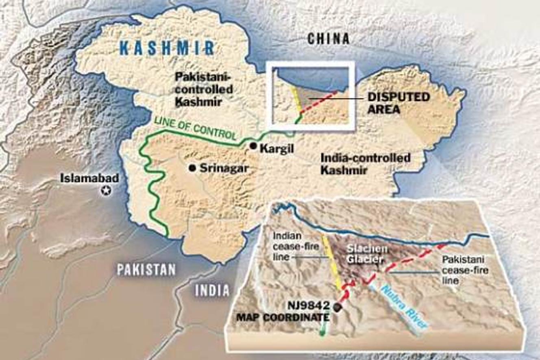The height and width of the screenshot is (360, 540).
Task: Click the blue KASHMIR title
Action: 168,48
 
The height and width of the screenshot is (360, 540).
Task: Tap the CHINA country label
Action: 328,39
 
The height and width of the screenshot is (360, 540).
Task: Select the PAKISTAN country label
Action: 146,270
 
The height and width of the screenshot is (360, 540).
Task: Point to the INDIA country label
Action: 212,290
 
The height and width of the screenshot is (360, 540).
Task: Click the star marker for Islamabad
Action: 107,190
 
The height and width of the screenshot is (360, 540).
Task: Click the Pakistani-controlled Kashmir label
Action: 203,89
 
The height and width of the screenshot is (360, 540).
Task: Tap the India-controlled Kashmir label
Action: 365,164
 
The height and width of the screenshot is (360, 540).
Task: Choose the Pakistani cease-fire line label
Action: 464,270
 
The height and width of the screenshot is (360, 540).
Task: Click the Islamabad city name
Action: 89,178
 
